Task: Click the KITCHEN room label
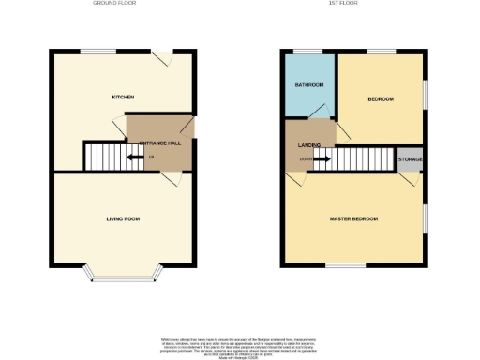123,97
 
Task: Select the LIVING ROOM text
123,218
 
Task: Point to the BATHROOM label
309,86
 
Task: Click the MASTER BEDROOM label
353,218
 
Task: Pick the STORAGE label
410,160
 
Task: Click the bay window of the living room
124,277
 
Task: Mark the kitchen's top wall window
92,51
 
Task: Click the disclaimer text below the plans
240,343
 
